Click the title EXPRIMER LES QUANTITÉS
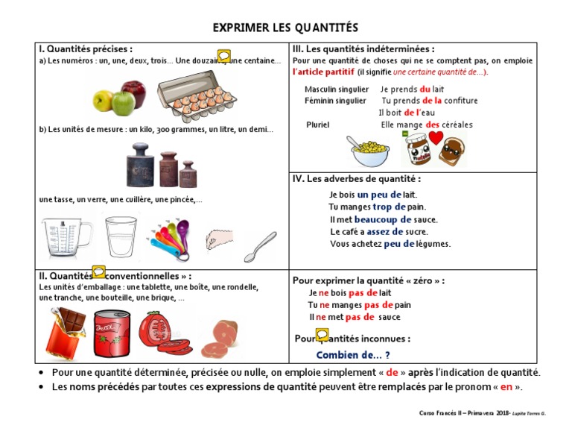[x=286, y=28]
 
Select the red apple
[x=133, y=94]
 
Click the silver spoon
[x=260, y=247]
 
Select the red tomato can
[x=112, y=333]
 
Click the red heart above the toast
[x=436, y=139]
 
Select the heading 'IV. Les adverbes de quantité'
[x=357, y=179]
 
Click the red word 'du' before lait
[x=426, y=89]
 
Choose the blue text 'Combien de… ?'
[x=353, y=355]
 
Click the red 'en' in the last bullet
[x=506, y=386]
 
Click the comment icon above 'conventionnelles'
[x=99, y=272]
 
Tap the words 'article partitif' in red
[x=324, y=72]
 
